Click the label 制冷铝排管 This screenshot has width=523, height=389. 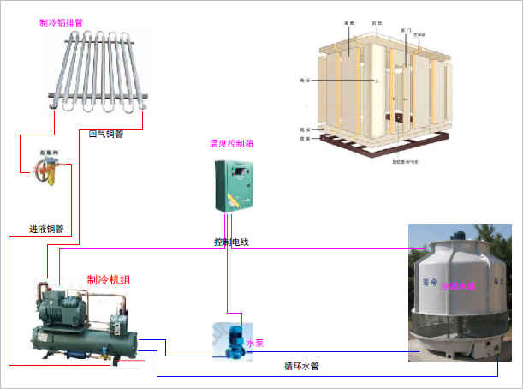[62, 22]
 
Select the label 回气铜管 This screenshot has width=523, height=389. [106, 134]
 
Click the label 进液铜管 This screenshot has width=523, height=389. [46, 230]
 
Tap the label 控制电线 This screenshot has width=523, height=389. [231, 242]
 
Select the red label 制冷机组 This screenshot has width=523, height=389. [109, 280]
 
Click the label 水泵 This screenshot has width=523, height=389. [255, 343]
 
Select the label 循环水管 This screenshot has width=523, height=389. [302, 367]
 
